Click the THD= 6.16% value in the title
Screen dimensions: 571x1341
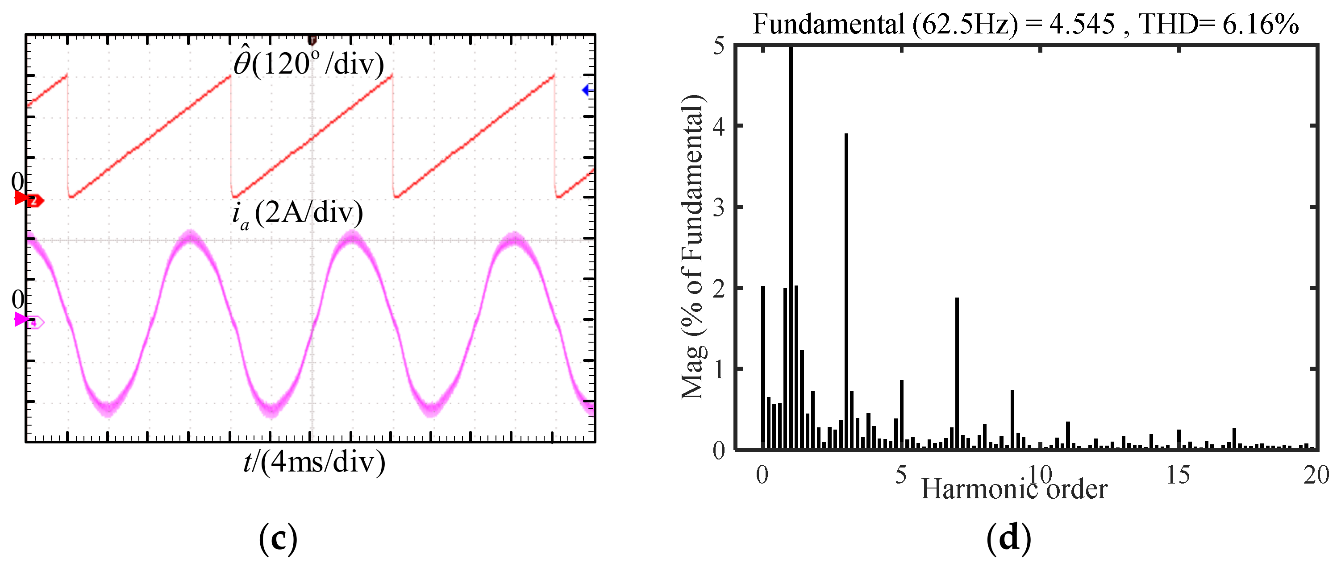tap(1218, 24)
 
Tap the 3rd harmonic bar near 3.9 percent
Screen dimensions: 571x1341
tap(846, 291)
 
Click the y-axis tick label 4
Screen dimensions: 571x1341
tap(718, 126)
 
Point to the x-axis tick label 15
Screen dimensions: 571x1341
tap(1178, 475)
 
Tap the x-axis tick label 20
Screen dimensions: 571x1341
tap(1316, 475)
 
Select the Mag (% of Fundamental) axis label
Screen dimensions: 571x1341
tap(693, 247)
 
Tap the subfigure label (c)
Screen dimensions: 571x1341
tap(278, 539)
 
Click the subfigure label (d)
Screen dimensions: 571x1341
tap(1008, 539)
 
